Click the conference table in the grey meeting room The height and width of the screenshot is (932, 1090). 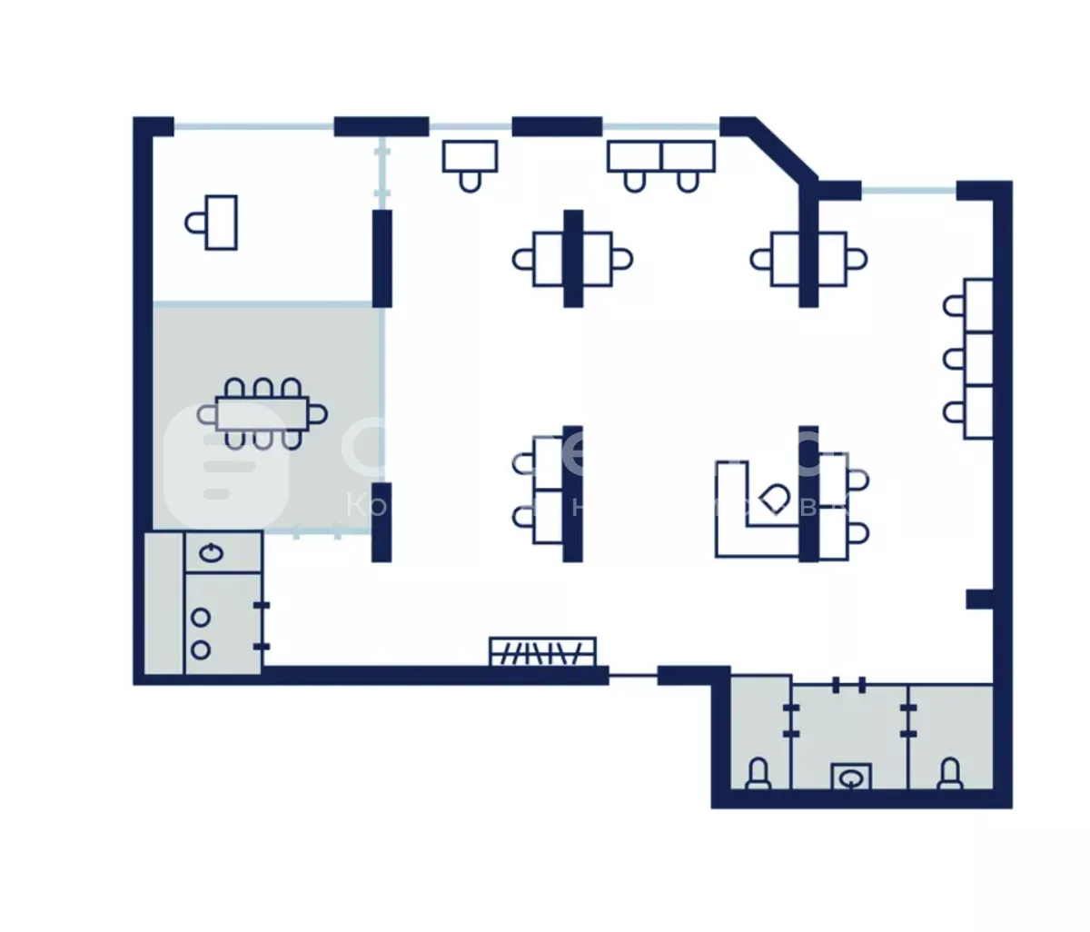[x=263, y=413]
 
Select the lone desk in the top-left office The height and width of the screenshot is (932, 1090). [x=221, y=222]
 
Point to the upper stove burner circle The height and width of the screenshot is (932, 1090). [x=201, y=618]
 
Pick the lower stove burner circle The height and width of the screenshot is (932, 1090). [x=201, y=649]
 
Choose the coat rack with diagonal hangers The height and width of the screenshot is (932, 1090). [x=542, y=651]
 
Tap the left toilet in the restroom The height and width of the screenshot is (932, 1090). [x=758, y=775]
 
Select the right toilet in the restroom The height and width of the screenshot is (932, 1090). [x=949, y=775]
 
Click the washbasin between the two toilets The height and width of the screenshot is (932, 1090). [x=852, y=778]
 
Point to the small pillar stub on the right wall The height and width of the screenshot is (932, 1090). [x=978, y=599]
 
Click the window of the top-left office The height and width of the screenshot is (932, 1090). [x=253, y=126]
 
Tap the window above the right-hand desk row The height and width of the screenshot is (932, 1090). [x=908, y=191]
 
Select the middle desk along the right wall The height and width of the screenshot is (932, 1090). [x=977, y=359]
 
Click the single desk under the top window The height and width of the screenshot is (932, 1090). [x=470, y=155]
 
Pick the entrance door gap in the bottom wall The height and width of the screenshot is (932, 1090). [x=632, y=675]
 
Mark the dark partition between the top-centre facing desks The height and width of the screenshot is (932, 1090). [x=572, y=259]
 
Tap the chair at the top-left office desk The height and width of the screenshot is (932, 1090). [x=194, y=222]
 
